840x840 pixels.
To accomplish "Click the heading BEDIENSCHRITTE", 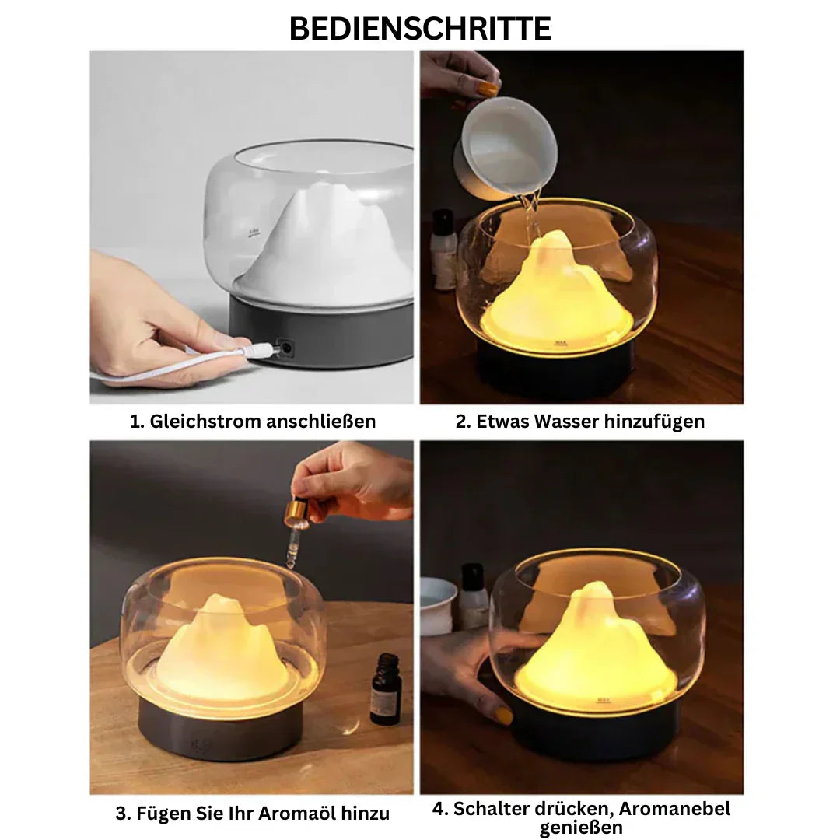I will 420,28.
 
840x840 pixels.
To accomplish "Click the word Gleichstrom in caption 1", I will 205,422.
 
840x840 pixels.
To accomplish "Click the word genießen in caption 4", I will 581,828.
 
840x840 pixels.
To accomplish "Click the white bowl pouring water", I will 509,148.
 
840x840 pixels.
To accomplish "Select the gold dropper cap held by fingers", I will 296,513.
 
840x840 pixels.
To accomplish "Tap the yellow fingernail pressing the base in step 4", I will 504,714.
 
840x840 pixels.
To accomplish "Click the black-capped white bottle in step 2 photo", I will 443,249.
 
